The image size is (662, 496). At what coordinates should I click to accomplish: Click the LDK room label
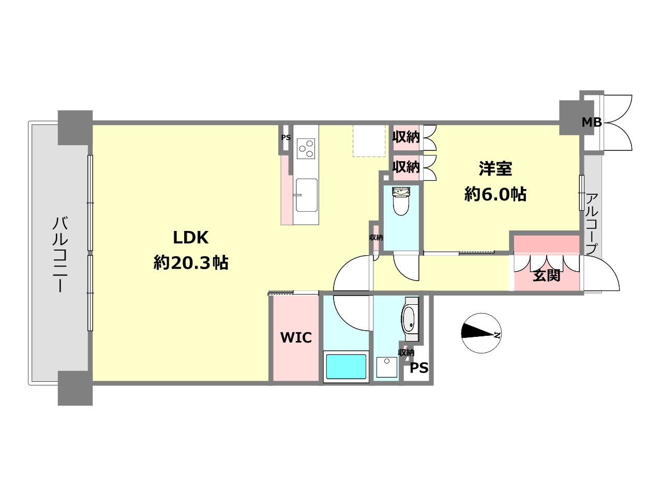(x=191, y=238)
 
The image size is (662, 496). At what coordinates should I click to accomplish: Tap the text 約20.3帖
(x=191, y=262)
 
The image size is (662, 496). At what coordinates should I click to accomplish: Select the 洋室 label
(x=495, y=168)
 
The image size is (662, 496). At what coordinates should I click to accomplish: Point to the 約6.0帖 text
(x=495, y=194)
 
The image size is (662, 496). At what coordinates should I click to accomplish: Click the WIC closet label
(x=296, y=337)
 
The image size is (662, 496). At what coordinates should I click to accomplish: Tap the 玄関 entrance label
(x=546, y=275)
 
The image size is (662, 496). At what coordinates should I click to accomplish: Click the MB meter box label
(x=592, y=122)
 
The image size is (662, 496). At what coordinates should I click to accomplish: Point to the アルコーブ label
(x=592, y=225)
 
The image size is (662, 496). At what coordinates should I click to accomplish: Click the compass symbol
(x=481, y=333)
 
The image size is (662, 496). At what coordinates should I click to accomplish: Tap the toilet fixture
(x=401, y=201)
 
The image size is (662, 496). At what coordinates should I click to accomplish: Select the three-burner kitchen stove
(x=306, y=148)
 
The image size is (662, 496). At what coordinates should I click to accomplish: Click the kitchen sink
(x=306, y=195)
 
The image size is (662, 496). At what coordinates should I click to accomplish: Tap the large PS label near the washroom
(x=419, y=368)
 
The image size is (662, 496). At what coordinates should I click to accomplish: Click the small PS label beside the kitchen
(x=286, y=137)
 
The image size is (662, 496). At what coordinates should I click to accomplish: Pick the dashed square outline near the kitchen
(x=369, y=141)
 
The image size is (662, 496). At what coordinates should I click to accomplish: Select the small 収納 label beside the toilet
(x=376, y=237)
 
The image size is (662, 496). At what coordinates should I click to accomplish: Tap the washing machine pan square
(x=387, y=367)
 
